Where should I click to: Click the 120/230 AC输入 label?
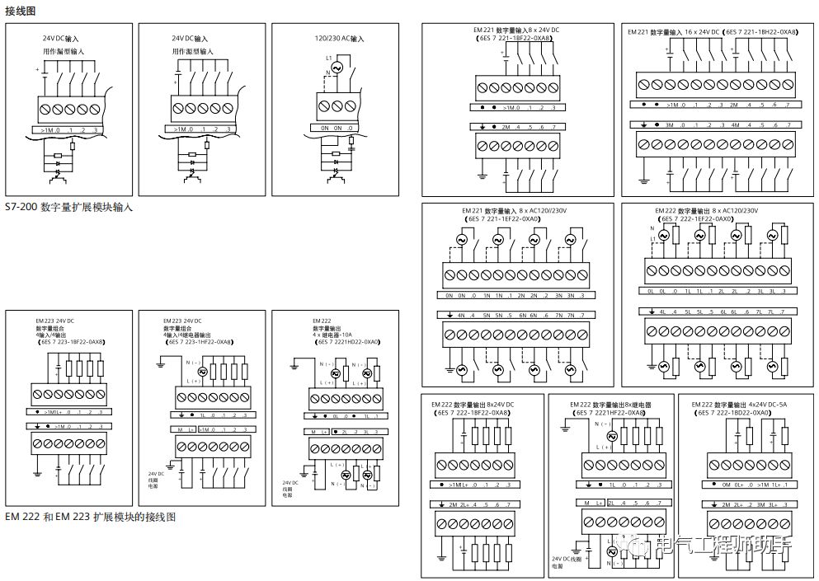pos(339,39)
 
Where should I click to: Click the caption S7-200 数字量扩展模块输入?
pos(69,208)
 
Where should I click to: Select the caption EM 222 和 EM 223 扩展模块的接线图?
pos(91,517)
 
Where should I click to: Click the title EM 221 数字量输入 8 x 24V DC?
pos(516,30)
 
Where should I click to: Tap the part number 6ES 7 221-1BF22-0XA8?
pos(517,39)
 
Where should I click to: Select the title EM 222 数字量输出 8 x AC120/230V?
pos(706,211)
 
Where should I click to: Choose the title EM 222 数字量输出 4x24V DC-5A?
pos(739,405)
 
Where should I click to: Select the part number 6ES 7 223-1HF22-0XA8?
pos(198,340)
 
